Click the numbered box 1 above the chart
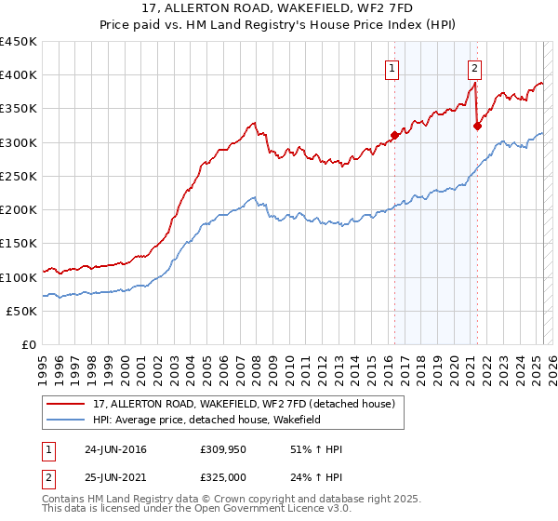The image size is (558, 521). click(x=392, y=68)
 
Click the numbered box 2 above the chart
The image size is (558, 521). click(x=474, y=68)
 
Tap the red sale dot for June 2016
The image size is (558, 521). click(x=394, y=135)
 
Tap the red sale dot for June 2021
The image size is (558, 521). click(x=477, y=126)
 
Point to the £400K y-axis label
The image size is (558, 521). click(x=20, y=75)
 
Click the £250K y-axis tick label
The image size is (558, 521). click(x=20, y=177)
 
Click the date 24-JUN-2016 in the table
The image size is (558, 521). click(x=114, y=449)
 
